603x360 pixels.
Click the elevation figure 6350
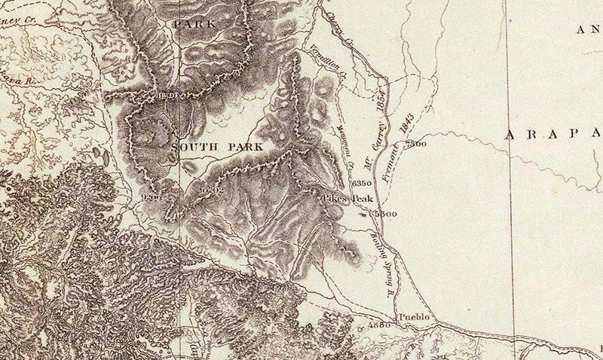363,183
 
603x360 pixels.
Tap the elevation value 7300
415,144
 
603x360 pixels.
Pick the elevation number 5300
384,215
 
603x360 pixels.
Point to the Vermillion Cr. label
327,62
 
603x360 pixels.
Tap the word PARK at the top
194,24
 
